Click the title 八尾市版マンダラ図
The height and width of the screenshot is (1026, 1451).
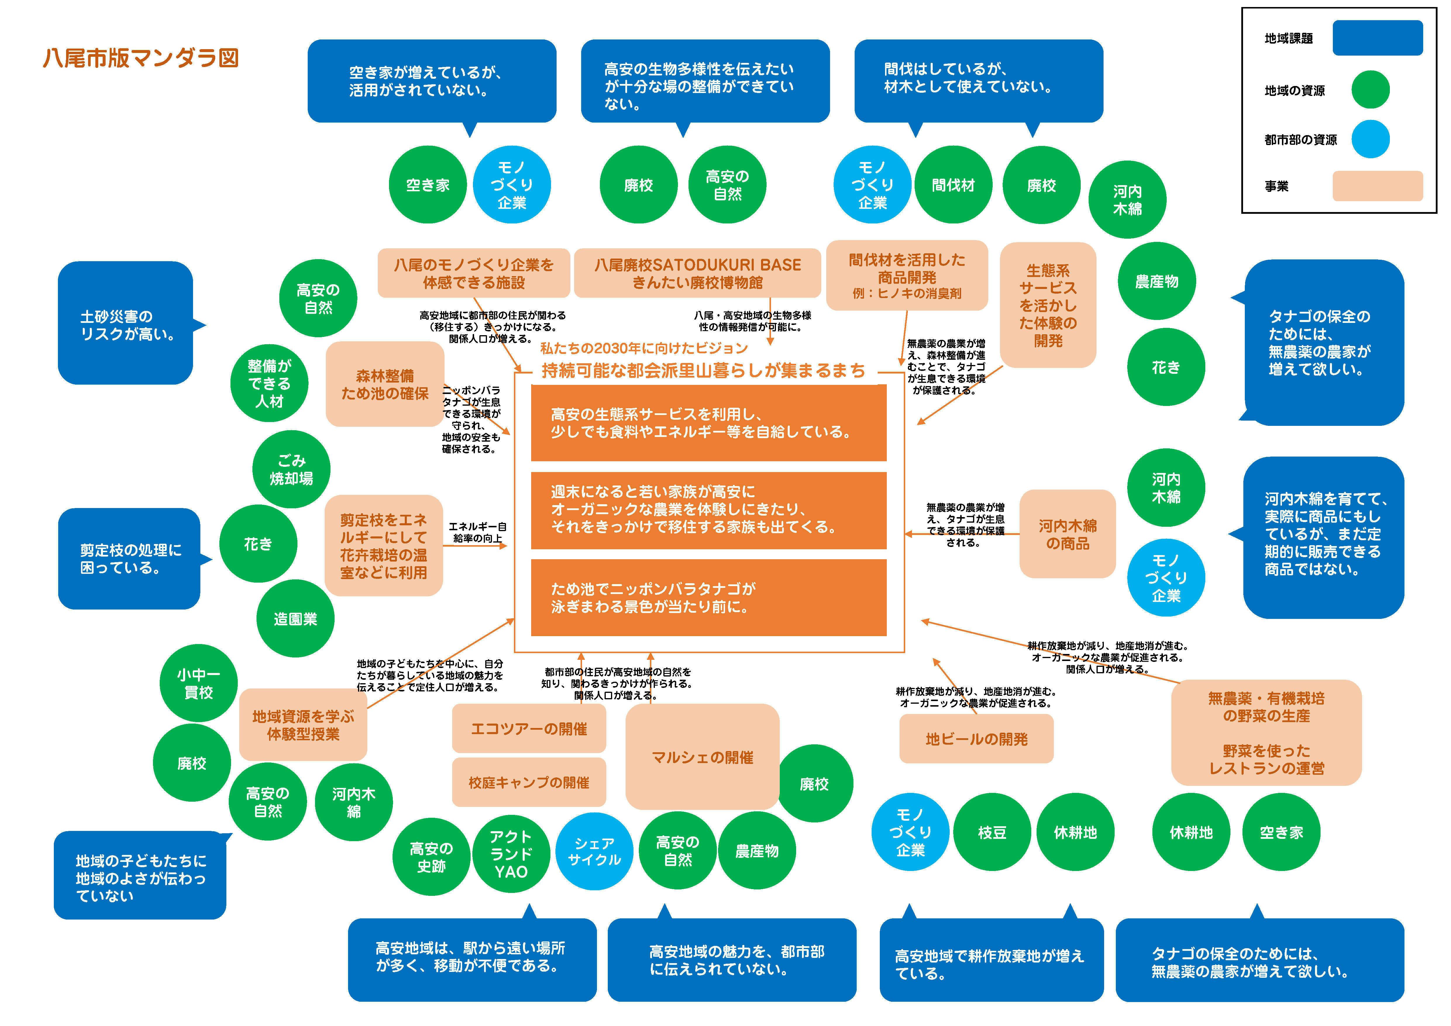click(140, 58)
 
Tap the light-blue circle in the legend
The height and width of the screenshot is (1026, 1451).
click(1370, 139)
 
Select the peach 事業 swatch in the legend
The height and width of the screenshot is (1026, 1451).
click(1378, 186)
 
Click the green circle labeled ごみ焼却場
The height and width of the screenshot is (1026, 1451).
click(291, 469)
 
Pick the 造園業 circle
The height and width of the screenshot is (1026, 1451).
click(295, 619)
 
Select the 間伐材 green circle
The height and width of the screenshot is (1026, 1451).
click(953, 185)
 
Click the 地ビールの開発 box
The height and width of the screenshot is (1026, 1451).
click(976, 738)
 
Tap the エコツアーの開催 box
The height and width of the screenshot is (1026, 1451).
click(529, 729)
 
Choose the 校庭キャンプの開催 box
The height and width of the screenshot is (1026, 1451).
click(529, 782)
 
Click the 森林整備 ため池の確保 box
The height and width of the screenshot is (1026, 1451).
click(385, 384)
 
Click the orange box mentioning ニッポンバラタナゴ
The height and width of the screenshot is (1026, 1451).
click(708, 598)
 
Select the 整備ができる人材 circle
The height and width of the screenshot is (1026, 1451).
click(269, 383)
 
